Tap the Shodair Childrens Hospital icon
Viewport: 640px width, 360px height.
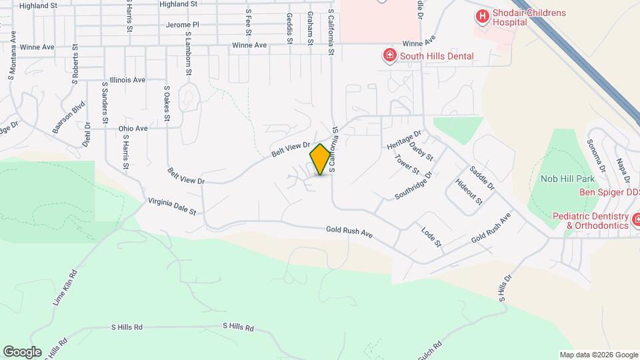pos(481,15)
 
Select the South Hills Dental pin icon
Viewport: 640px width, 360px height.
pos(388,55)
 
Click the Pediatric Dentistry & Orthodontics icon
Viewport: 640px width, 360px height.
pos(636,219)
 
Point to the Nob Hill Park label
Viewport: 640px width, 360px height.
pos(567,179)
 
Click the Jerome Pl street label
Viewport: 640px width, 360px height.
pos(182,25)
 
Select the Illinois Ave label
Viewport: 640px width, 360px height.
pos(127,80)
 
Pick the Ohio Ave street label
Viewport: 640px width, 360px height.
pos(133,128)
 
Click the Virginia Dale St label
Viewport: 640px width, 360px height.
pos(172,206)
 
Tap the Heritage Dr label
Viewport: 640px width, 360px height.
pos(405,140)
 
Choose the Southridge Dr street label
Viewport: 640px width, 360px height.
pos(414,185)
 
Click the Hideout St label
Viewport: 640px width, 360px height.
pos(469,192)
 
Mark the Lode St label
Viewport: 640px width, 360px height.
pos(432,238)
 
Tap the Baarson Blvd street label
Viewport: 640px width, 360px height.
pos(69,117)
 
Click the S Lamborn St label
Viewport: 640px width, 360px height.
pos(189,53)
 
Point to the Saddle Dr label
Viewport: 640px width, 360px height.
pos(481,178)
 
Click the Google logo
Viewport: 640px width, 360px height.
pos(22,352)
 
